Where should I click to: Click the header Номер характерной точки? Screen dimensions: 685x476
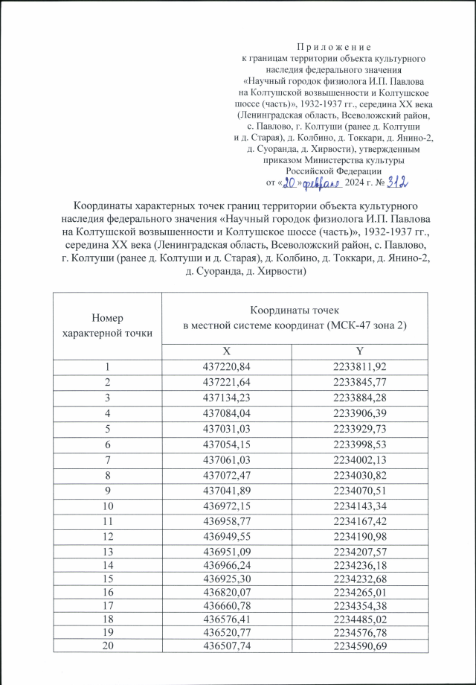[x=107, y=325]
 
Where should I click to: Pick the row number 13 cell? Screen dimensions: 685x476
[x=107, y=553]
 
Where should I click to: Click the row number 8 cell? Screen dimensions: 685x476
[x=107, y=475]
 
